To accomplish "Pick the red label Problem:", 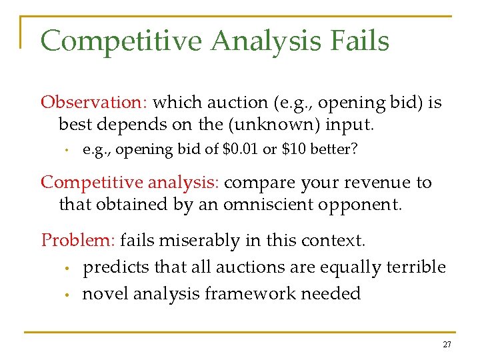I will (x=77, y=240).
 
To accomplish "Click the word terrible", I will (x=417, y=267).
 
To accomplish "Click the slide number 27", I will (x=446, y=345).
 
